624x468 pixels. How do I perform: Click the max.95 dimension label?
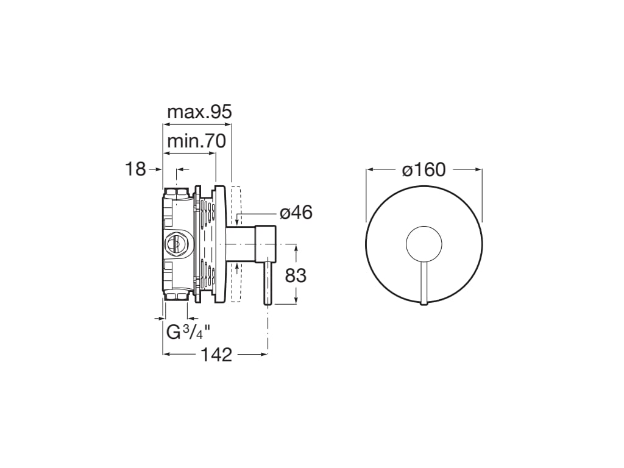pos(199,112)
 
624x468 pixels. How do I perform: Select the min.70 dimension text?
pos(196,141)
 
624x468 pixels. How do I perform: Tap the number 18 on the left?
pos(136,169)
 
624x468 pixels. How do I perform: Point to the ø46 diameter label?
pos(296,213)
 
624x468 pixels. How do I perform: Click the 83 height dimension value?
pos(296,275)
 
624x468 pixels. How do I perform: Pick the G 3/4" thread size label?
pos(188,332)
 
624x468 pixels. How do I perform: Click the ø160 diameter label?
pos(424,170)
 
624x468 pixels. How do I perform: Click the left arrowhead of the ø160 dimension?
pos(369,170)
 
